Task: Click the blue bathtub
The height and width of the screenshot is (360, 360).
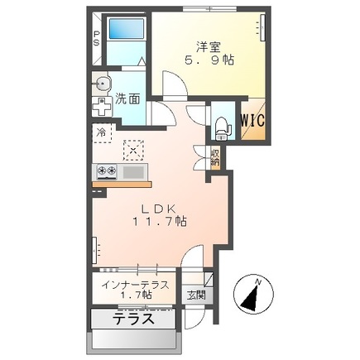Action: point(127,29)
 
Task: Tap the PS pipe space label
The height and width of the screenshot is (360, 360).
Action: point(97,39)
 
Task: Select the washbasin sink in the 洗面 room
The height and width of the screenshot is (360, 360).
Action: point(102,83)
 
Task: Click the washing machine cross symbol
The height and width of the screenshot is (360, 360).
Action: point(102,107)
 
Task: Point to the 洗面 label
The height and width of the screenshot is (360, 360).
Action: point(127,98)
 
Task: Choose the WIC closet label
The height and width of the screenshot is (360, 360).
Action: point(253,120)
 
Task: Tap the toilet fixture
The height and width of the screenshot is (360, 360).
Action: point(223,129)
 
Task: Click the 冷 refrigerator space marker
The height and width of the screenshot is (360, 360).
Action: point(101,132)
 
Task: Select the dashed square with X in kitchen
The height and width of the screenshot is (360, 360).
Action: point(133,150)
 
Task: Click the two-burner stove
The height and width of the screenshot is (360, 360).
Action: point(107,171)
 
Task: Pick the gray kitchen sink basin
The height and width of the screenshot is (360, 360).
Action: point(133,172)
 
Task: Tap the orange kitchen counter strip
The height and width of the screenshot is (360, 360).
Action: point(122,185)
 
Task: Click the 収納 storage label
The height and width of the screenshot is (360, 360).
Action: point(215,157)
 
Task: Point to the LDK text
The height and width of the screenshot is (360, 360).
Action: point(159,209)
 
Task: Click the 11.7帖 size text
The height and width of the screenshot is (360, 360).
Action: point(160,221)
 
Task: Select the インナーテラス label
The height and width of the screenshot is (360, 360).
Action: point(135,285)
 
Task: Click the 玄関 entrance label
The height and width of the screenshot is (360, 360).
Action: point(197,295)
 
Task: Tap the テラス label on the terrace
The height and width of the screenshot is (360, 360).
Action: point(134,319)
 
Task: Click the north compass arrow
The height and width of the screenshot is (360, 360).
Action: point(252,297)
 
